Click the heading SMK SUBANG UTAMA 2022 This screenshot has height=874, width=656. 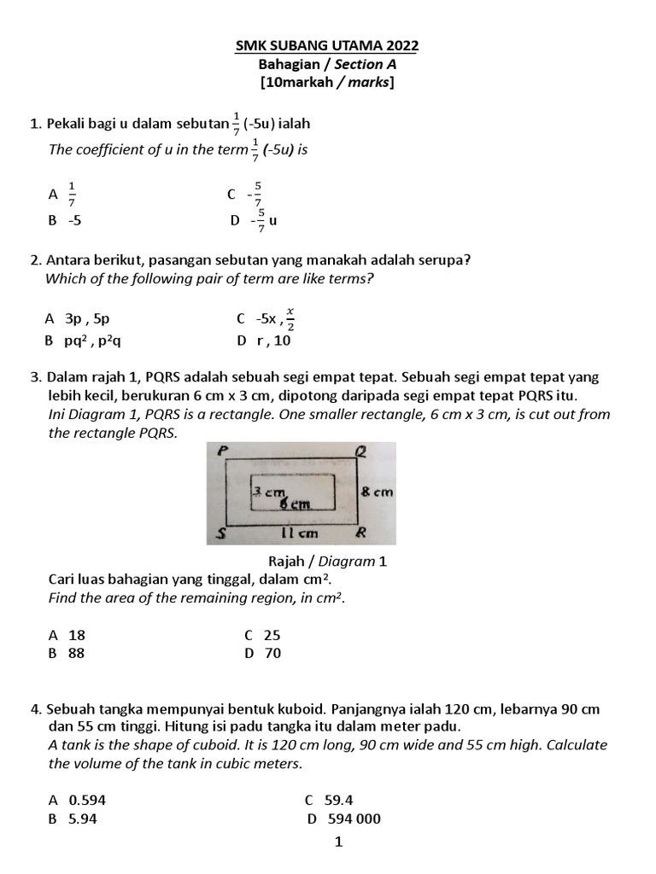[327, 45]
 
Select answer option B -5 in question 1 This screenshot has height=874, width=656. [65, 220]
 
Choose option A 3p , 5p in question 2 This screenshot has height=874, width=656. [78, 319]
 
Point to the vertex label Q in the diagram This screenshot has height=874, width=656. [360, 452]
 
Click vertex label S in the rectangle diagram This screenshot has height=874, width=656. [220, 534]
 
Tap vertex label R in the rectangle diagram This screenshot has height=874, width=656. [360, 533]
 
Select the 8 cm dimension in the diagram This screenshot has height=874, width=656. [376, 492]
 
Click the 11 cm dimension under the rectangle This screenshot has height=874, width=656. [300, 534]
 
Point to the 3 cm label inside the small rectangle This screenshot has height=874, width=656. [267, 492]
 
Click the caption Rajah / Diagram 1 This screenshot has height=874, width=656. [327, 561]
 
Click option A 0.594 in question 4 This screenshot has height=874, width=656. [78, 801]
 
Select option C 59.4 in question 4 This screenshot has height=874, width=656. [329, 801]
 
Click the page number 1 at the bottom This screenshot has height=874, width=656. [338, 842]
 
